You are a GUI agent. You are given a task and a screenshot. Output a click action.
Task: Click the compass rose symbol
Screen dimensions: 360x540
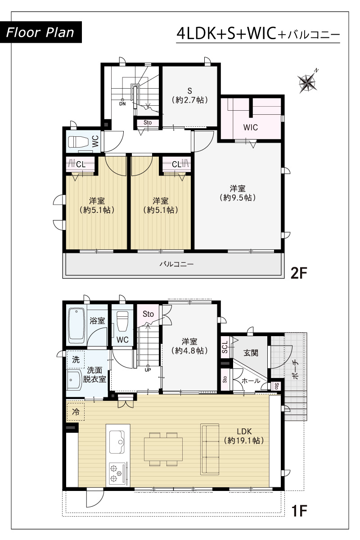(307, 83)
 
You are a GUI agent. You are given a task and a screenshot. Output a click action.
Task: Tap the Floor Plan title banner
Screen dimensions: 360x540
(40, 32)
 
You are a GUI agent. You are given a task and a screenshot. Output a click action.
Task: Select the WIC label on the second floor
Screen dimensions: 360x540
(251, 127)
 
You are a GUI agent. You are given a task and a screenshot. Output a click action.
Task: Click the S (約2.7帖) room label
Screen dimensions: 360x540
(190, 95)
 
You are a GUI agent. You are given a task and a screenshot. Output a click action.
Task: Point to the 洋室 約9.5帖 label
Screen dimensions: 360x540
(238, 193)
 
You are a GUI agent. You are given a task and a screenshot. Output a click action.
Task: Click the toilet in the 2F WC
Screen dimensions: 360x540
(78, 142)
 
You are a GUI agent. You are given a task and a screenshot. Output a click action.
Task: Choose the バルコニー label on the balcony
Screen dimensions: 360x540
(176, 264)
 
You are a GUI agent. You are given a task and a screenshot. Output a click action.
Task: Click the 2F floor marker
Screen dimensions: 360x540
(299, 273)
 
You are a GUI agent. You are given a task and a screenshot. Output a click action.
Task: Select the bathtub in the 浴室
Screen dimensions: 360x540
(76, 326)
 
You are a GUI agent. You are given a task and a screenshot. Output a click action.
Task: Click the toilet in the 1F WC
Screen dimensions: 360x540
(122, 322)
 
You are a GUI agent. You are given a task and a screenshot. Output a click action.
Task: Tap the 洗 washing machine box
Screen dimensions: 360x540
(76, 360)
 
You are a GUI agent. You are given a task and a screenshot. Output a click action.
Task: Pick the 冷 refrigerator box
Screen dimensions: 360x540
(76, 412)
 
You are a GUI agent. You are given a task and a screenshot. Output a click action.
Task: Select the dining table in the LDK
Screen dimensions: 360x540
(163, 449)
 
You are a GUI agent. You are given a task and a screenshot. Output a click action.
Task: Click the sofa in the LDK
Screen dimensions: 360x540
(210, 449)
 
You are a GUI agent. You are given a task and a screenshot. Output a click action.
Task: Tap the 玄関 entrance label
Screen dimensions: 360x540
(251, 353)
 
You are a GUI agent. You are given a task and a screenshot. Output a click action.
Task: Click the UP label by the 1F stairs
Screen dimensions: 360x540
(148, 370)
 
